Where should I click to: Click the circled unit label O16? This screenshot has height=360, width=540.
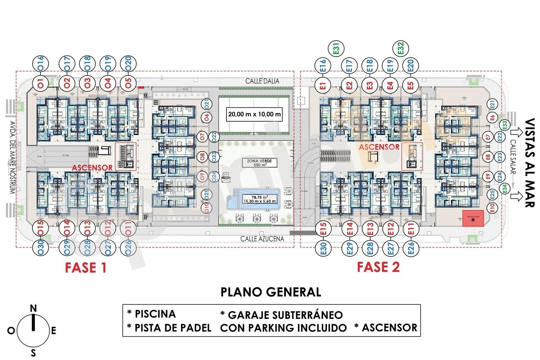[40, 63]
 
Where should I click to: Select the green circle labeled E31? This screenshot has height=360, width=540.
[336, 48]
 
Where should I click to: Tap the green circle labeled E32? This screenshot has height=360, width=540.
[401, 48]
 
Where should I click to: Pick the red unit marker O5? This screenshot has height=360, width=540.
[128, 83]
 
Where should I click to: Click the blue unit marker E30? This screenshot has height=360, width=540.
[323, 248]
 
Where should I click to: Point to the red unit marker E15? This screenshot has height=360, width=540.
[323, 229]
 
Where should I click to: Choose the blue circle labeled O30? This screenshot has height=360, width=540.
[40, 248]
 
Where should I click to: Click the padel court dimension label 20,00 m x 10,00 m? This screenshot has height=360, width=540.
[254, 114]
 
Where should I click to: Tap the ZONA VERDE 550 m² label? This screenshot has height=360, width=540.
[259, 163]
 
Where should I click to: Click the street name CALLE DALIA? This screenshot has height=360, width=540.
[262, 81]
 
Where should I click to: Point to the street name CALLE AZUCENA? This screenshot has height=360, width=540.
[262, 239]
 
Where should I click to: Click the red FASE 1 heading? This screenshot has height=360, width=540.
[86, 268]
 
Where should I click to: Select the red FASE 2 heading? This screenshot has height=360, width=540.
[378, 267]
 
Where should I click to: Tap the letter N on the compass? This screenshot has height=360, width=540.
[33, 308]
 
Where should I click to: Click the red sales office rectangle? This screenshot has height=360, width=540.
[473, 218]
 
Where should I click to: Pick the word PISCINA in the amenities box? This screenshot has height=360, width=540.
[155, 314]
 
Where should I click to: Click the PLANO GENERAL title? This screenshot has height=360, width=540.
[271, 292]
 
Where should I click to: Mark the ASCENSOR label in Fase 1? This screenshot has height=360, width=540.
[92, 168]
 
